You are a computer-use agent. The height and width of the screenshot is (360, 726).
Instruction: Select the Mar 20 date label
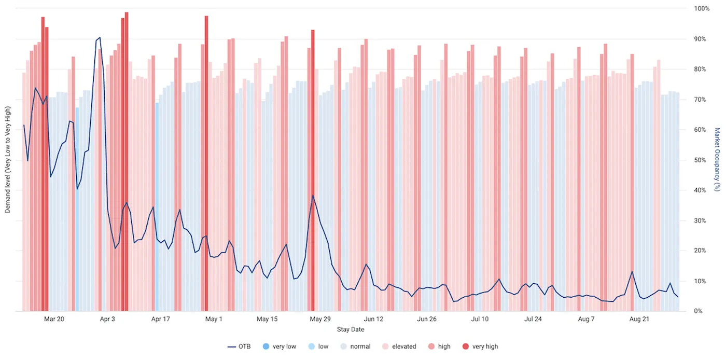tap(54, 319)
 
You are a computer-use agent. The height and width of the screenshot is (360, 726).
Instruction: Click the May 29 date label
tap(320, 319)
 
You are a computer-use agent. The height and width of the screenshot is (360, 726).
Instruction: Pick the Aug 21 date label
tap(639, 319)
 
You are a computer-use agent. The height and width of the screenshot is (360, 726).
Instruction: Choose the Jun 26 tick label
tap(426, 319)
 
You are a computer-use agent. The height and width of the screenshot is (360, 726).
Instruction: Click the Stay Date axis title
tap(351, 329)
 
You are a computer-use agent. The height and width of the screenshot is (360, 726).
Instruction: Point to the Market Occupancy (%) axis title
tap(717, 159)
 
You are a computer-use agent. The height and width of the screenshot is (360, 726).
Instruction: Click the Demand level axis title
tap(8, 160)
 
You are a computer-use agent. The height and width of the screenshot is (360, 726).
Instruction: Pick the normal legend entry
tap(355, 347)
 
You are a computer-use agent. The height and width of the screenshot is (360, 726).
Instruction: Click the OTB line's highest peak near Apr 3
tap(100, 37)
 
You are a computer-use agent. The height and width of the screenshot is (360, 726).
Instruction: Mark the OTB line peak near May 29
tap(313, 196)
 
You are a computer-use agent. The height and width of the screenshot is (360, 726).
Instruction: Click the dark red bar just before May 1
tap(206, 156)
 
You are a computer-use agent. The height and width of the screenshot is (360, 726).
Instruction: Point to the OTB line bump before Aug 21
tap(632, 271)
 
